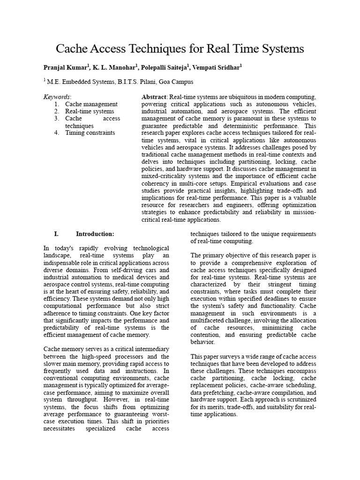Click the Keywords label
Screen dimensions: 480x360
tap(57, 97)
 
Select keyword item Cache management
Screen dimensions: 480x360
tap(91, 104)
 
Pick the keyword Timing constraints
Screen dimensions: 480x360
tap(90, 133)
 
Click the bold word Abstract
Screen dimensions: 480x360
tap(154, 97)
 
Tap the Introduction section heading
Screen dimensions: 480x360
tap(95, 233)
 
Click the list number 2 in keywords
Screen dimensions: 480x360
tap(56, 112)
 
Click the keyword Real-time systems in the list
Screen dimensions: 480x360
tap(90, 112)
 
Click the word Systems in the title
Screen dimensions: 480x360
tap(282, 49)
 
